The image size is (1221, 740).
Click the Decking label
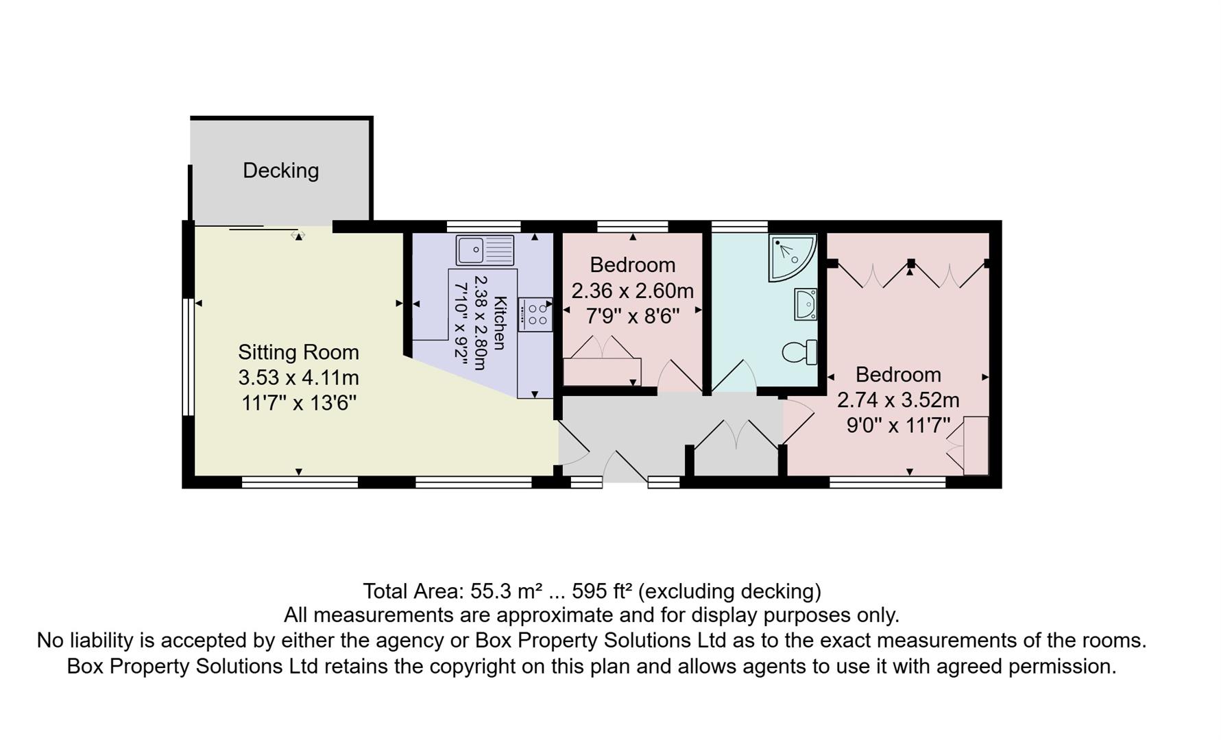pos(280,170)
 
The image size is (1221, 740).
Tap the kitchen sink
pos(485,250)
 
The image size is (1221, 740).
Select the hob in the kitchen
pos(535,314)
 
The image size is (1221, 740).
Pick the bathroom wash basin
pos(806,304)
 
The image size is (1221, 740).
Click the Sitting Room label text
pos(298,352)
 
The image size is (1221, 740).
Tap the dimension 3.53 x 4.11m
pos(298,378)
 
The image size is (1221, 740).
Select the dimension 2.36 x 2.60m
pos(632,291)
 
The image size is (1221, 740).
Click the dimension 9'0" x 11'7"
pos(898,425)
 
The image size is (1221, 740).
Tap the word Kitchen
pos(500,323)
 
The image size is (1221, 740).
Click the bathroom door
pos(734,377)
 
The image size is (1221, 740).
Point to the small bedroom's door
pos(679,375)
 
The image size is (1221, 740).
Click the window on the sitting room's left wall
pos(186,356)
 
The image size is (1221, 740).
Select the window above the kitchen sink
pos(484,226)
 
